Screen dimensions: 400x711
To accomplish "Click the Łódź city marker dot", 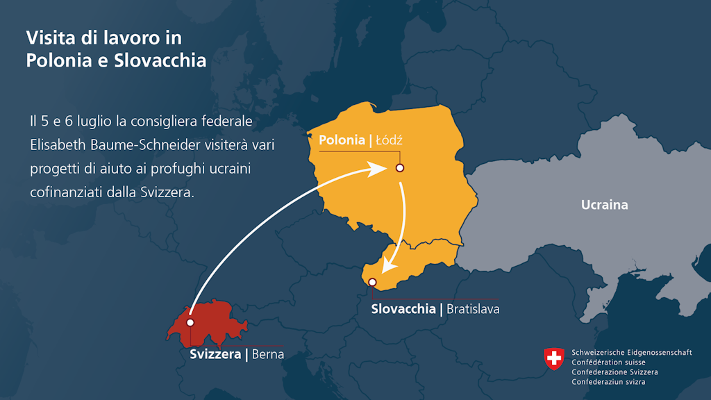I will (x=399, y=168).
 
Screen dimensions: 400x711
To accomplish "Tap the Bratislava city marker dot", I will (x=373, y=282).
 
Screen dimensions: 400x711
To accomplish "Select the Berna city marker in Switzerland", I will (x=190, y=323).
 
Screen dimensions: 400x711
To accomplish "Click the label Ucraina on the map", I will (x=604, y=205).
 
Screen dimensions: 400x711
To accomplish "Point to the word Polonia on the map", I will (x=341, y=141).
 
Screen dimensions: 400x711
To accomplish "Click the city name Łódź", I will (x=389, y=141).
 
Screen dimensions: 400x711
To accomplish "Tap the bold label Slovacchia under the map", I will (x=403, y=308).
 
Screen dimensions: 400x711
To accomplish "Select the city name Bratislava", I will (x=473, y=308).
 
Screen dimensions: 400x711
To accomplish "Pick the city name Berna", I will (x=267, y=354).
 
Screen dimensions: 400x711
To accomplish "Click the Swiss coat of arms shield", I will (x=553, y=359).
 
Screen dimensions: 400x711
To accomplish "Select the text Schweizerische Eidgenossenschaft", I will (x=631, y=353).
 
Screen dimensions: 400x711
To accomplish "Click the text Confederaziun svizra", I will (x=608, y=382).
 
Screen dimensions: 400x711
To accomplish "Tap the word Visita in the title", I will (x=48, y=37).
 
